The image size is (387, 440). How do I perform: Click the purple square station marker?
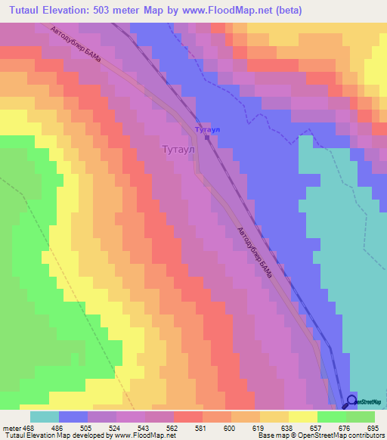pyautogui.click(x=207, y=138)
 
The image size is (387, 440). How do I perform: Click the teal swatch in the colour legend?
pyautogui.click(x=45, y=417)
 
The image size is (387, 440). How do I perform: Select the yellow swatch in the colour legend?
pyautogui.click(x=302, y=417)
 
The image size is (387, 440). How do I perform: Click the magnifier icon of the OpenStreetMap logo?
pyautogui.click(x=351, y=401)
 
